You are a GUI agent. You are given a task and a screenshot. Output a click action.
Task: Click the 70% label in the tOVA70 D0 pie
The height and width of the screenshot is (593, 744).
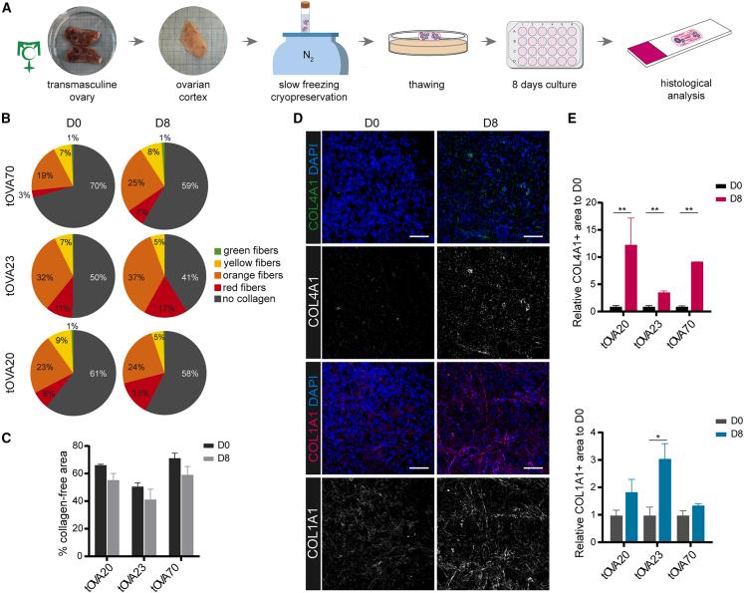[x=96, y=157]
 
